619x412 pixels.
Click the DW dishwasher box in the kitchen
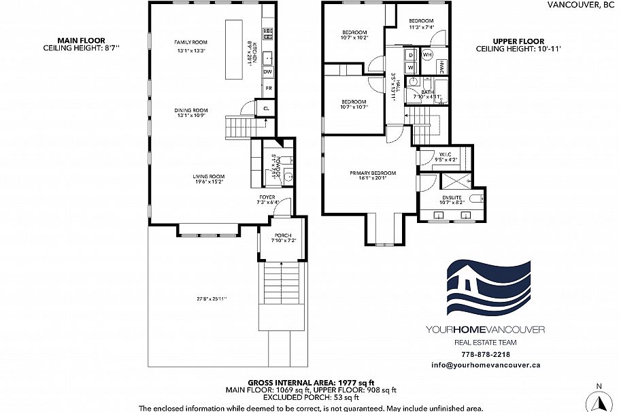click(x=268, y=71)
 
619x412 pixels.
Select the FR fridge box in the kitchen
click(x=269, y=88)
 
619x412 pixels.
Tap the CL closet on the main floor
click(x=265, y=107)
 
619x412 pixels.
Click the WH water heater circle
click(x=427, y=54)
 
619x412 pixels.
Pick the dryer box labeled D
click(x=412, y=54)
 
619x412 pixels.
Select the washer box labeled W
click(x=412, y=67)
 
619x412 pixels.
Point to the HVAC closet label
click(x=440, y=67)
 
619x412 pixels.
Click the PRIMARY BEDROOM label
click(x=373, y=173)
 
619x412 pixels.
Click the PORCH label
click(x=283, y=235)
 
